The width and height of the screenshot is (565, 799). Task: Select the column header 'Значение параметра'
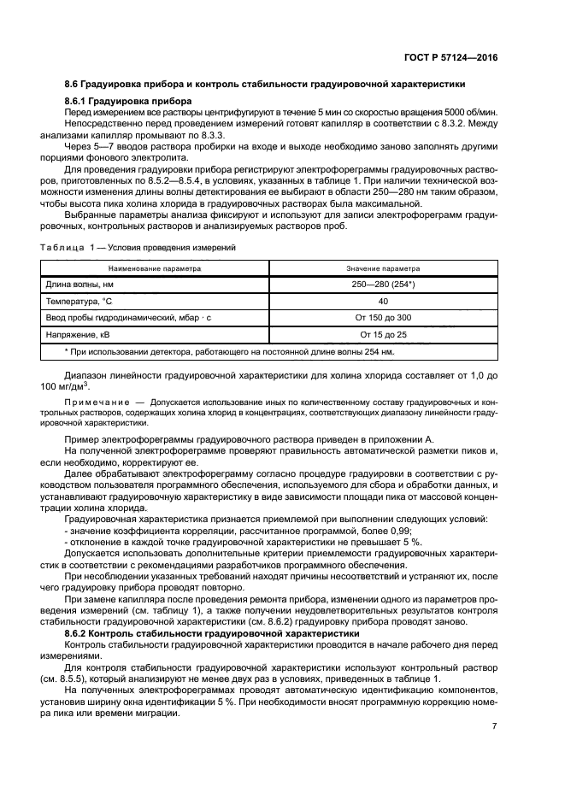tap(383, 267)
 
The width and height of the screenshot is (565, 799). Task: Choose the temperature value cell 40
tap(383, 302)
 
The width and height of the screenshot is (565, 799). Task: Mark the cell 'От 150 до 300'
tap(383, 318)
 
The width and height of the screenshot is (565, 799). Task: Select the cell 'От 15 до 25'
tap(383, 334)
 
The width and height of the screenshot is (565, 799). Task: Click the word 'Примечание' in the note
tap(96, 401)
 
